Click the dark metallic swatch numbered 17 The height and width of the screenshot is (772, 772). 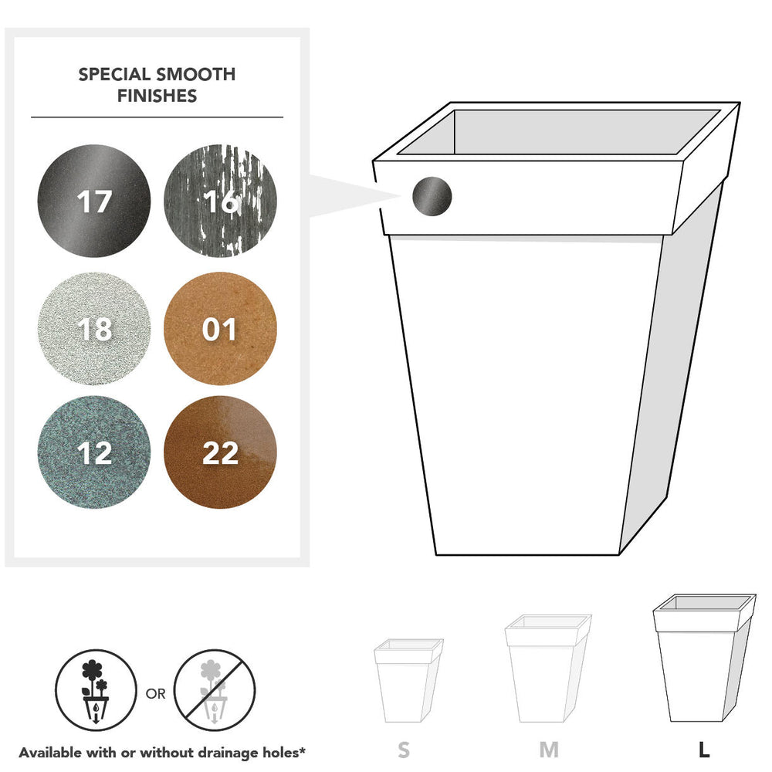click(x=94, y=201)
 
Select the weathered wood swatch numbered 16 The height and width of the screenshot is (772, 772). click(x=220, y=201)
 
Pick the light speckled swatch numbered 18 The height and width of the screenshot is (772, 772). click(x=94, y=328)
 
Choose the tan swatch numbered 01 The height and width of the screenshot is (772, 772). click(x=220, y=328)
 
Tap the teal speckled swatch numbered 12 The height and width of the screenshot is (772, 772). click(x=94, y=452)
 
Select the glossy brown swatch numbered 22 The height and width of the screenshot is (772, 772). click(x=220, y=452)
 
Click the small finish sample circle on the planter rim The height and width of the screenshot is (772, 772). click(x=432, y=196)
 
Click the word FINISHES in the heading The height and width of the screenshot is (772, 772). click(x=157, y=96)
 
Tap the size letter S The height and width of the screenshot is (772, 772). click(x=404, y=750)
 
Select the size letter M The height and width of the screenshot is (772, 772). click(x=549, y=750)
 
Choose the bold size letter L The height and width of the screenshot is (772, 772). click(x=704, y=750)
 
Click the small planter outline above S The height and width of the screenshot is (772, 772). click(x=408, y=680)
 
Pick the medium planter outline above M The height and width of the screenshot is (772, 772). click(x=547, y=669)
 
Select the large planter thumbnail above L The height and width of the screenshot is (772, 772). click(x=704, y=658)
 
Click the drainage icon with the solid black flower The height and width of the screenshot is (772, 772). click(x=96, y=689)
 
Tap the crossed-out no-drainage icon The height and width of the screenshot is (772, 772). click(x=215, y=689)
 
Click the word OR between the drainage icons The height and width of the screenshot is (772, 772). click(x=156, y=694)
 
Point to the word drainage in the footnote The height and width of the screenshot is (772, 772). click(x=227, y=753)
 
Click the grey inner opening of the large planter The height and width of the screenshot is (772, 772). click(x=559, y=132)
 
